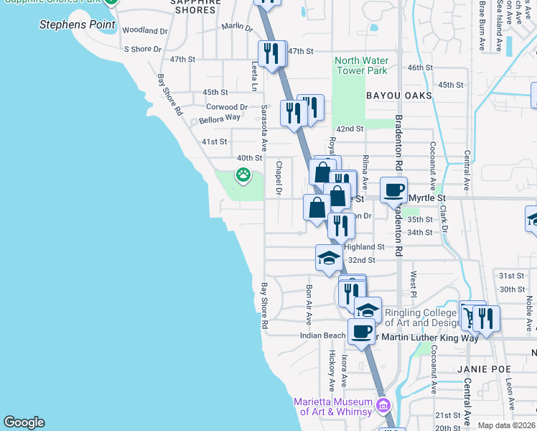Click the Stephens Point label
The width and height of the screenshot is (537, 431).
(77, 24)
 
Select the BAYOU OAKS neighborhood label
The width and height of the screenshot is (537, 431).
(398, 95)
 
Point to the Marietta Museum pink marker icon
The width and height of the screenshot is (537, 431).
(383, 406)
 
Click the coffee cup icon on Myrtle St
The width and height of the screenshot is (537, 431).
(393, 191)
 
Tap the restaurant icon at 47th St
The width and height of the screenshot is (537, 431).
(271, 54)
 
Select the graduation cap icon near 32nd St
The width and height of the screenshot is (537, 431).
(328, 258)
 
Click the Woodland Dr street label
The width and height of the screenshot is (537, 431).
(145, 31)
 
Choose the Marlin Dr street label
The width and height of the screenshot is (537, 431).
(238, 27)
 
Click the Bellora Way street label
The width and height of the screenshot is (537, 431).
(220, 117)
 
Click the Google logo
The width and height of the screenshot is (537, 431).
(24, 422)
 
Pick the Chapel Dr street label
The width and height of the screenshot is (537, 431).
(278, 178)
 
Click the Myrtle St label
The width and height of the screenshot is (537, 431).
(427, 198)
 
